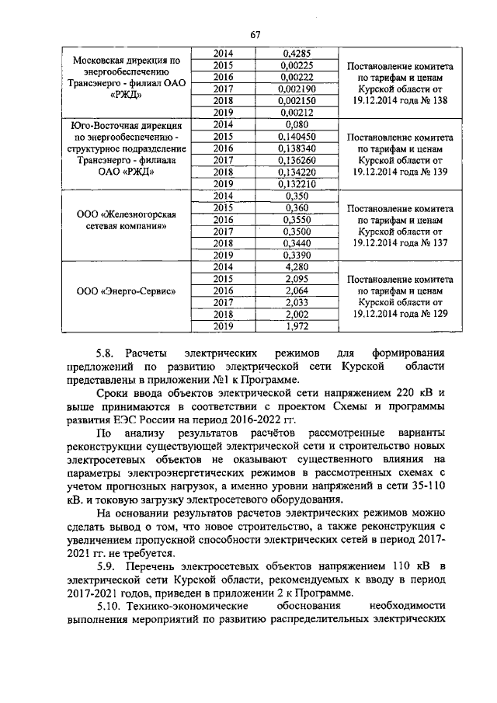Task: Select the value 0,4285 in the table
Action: point(297,53)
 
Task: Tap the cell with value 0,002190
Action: point(297,89)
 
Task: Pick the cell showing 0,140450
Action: point(297,136)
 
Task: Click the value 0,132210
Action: point(297,184)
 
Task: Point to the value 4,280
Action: point(297,266)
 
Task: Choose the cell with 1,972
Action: point(297,326)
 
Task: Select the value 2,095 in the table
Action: point(297,279)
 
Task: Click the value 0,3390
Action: point(297,255)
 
